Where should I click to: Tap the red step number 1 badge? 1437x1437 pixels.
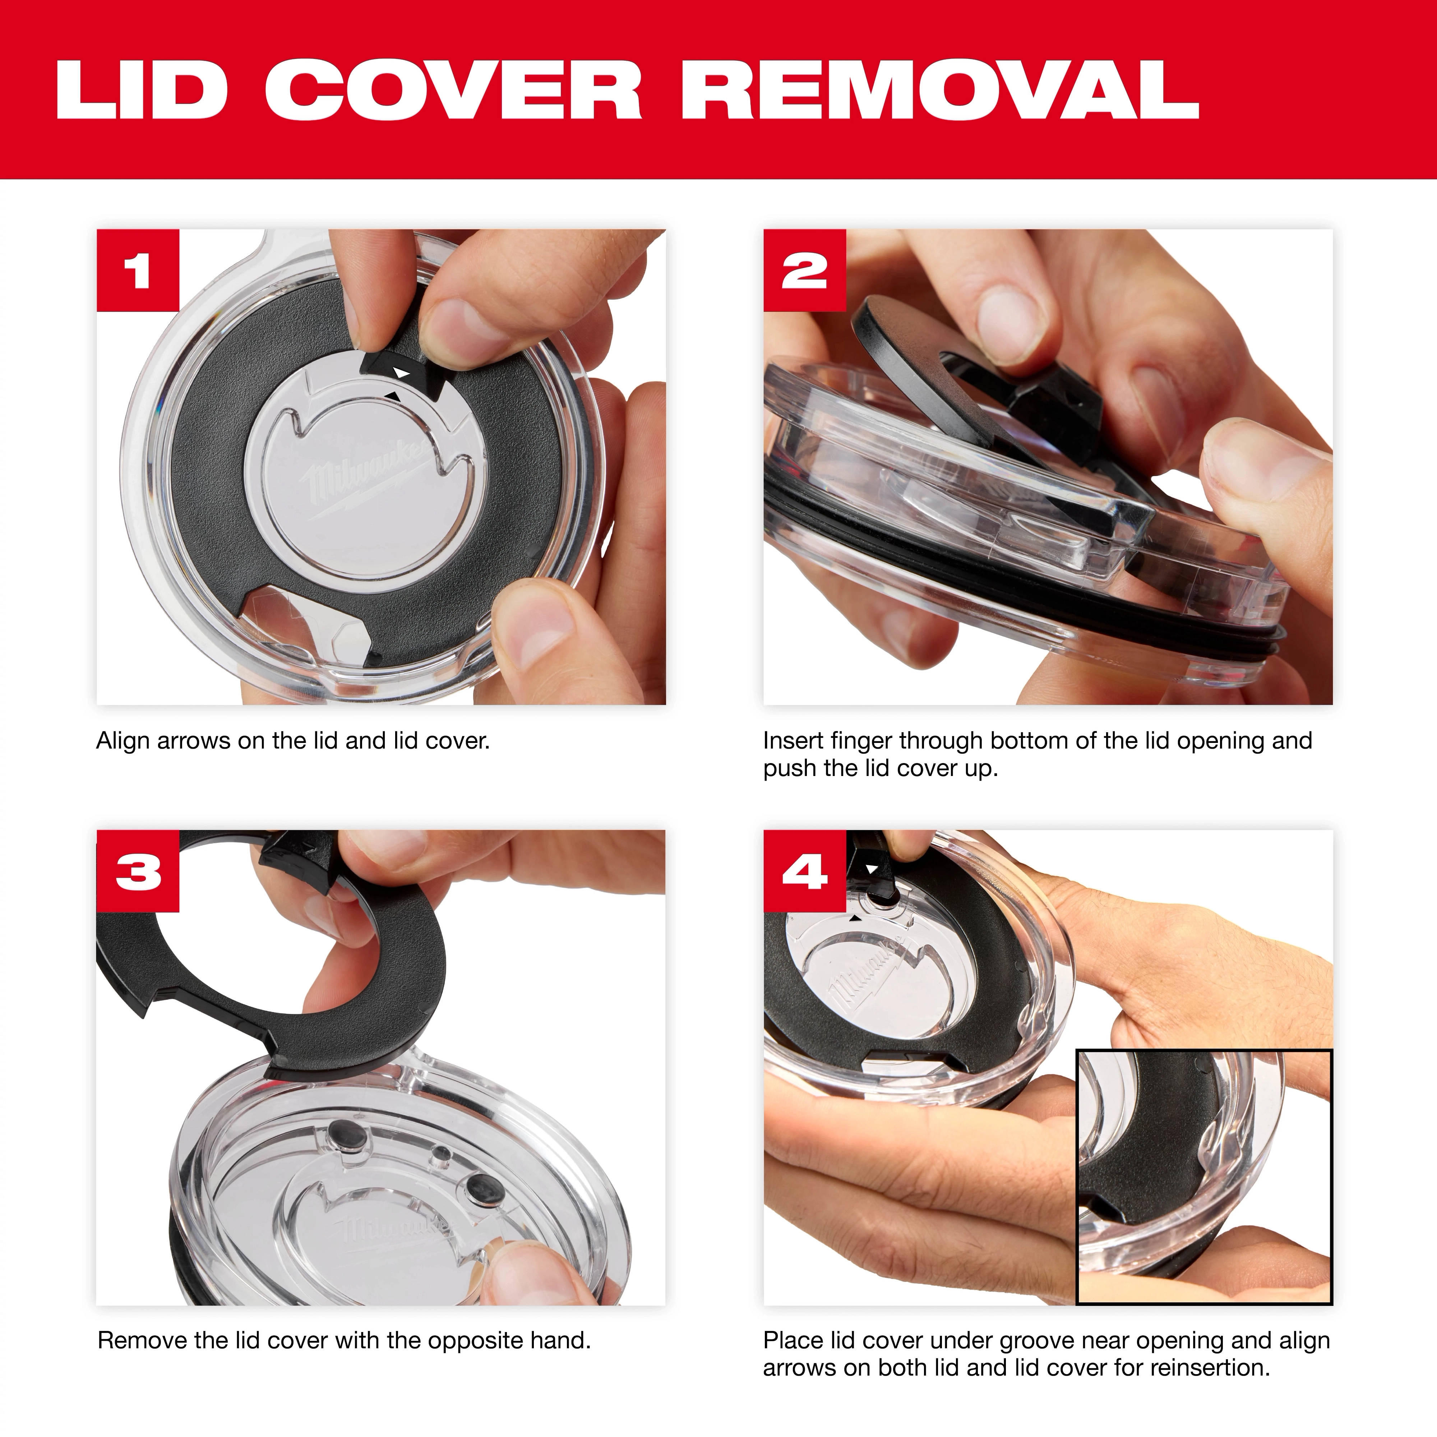click(138, 270)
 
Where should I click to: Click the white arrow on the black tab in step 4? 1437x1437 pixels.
click(872, 869)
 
